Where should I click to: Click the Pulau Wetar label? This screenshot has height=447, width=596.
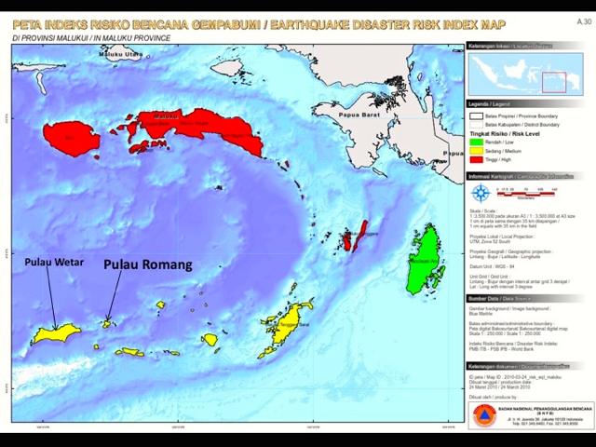(54, 262)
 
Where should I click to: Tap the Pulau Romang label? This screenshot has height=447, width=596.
(147, 264)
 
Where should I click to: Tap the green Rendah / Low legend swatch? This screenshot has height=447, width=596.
(475, 142)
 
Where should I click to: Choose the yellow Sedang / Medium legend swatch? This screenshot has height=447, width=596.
(475, 151)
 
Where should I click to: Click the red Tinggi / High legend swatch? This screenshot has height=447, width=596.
(475, 159)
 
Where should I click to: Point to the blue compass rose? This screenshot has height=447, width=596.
(481, 194)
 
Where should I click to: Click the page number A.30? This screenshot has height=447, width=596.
(583, 20)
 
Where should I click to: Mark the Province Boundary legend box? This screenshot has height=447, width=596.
(475, 115)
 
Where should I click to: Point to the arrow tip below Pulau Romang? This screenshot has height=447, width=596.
(108, 321)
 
